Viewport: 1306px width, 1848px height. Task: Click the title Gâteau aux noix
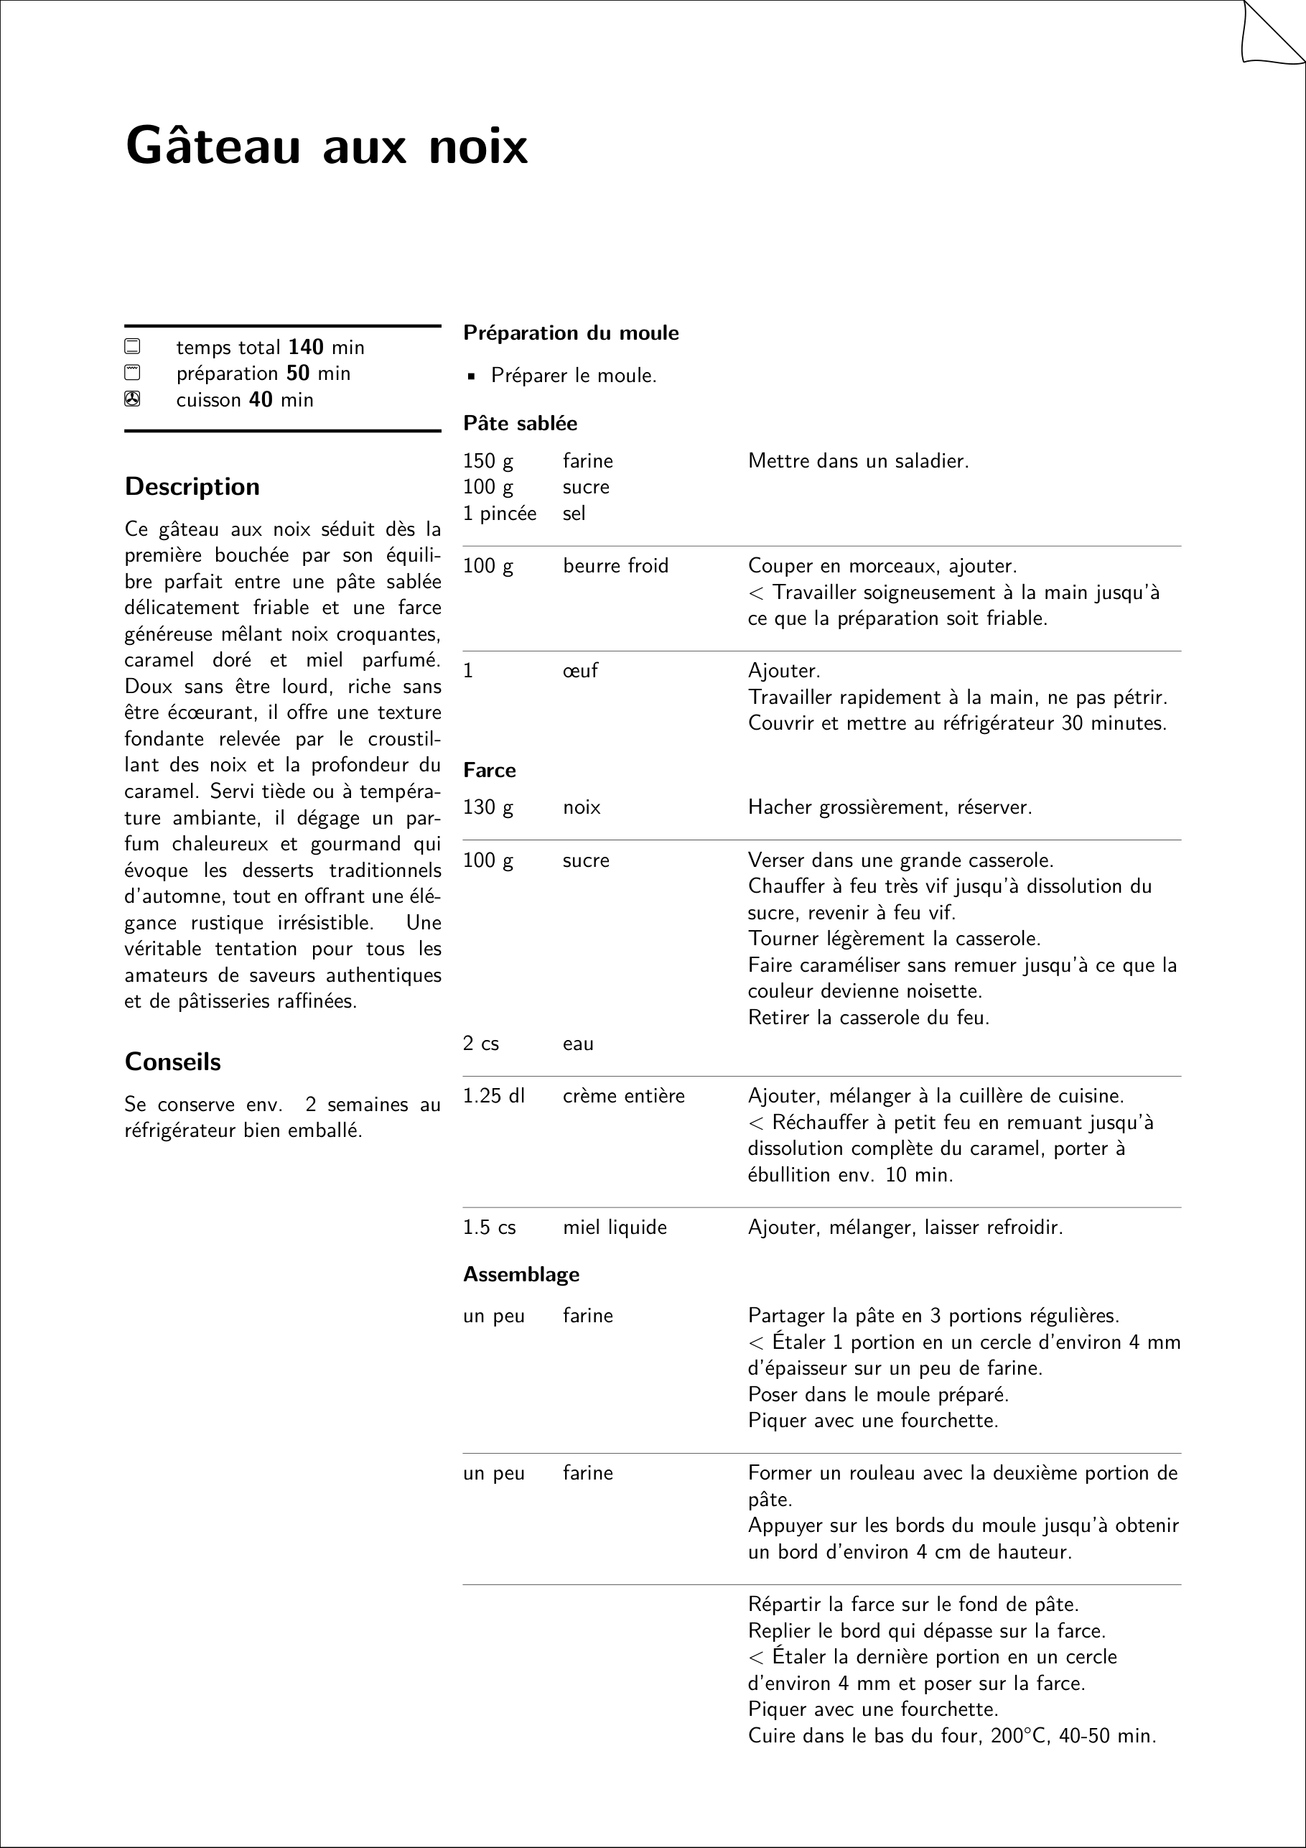point(326,147)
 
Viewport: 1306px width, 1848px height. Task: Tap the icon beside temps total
point(132,347)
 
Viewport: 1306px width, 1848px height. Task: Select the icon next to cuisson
point(132,399)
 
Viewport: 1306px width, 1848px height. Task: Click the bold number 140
point(306,347)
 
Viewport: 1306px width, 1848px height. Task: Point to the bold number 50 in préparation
point(298,373)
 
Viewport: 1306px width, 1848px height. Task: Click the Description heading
point(192,486)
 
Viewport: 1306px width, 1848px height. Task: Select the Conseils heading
point(172,1062)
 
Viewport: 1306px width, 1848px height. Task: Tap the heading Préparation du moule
point(571,333)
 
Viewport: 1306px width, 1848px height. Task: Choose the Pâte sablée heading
point(520,423)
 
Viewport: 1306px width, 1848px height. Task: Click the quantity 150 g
point(488,461)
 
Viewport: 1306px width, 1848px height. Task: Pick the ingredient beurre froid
point(615,566)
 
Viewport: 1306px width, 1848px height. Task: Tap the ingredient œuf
point(580,670)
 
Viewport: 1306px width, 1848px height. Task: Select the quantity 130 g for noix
point(488,807)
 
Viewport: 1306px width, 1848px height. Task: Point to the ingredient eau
point(578,1043)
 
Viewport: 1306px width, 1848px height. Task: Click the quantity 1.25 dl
point(493,1095)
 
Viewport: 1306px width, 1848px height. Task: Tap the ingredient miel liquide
point(615,1227)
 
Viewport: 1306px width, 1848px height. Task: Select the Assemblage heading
point(521,1274)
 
